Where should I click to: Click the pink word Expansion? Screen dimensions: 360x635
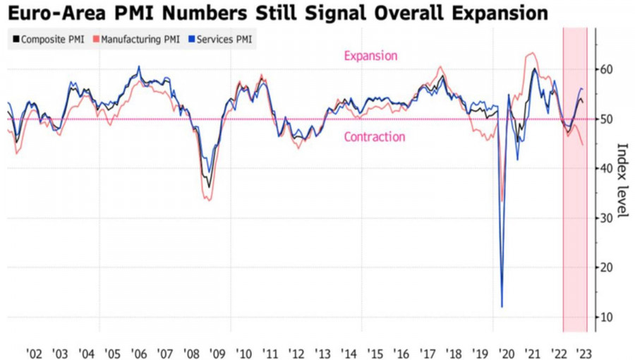(370, 56)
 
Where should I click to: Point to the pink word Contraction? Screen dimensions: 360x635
(374, 137)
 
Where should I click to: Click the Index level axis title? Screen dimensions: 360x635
(622, 181)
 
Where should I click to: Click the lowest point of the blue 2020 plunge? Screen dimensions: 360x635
(502, 306)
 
